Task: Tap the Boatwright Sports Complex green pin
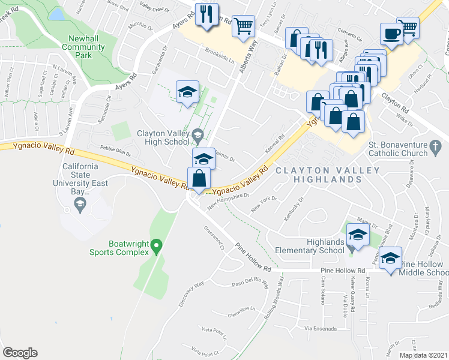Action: [156, 245]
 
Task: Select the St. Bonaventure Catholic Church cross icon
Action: [440, 145]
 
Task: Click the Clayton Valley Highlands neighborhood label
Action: [328, 175]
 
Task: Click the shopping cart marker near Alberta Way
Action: [243, 25]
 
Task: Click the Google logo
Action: [20, 353]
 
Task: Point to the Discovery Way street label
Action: [191, 293]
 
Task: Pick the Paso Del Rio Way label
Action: [249, 282]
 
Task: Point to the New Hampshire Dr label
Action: [228, 202]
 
